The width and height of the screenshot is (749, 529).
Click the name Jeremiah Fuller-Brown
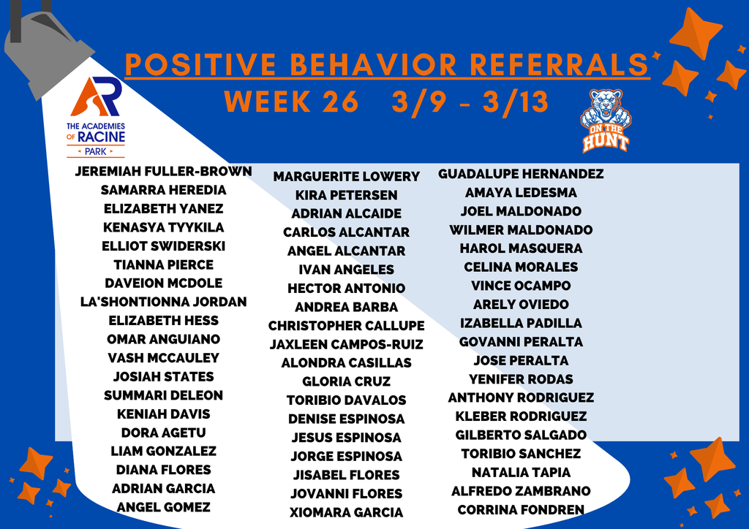point(163,172)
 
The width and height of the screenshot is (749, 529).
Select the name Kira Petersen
point(346,195)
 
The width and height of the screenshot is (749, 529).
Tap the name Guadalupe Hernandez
point(521,174)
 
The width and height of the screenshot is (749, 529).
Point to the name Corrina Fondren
point(521,510)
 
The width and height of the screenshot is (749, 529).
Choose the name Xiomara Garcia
point(346,512)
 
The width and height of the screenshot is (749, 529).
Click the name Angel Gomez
point(163,507)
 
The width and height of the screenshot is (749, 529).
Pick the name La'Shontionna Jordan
point(163,302)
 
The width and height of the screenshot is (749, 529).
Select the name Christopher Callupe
point(346,326)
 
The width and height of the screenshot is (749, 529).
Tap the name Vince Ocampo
point(521,286)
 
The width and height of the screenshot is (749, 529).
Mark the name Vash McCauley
point(163,358)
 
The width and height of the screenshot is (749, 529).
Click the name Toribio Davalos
point(346,400)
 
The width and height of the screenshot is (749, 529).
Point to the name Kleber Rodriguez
point(521,416)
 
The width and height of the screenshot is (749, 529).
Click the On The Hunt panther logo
point(606,121)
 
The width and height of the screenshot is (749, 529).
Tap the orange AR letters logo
point(96,98)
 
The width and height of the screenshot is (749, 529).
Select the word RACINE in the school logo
point(102,137)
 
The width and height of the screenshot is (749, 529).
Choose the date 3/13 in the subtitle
point(516,102)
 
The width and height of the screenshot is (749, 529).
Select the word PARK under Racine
point(96,152)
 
